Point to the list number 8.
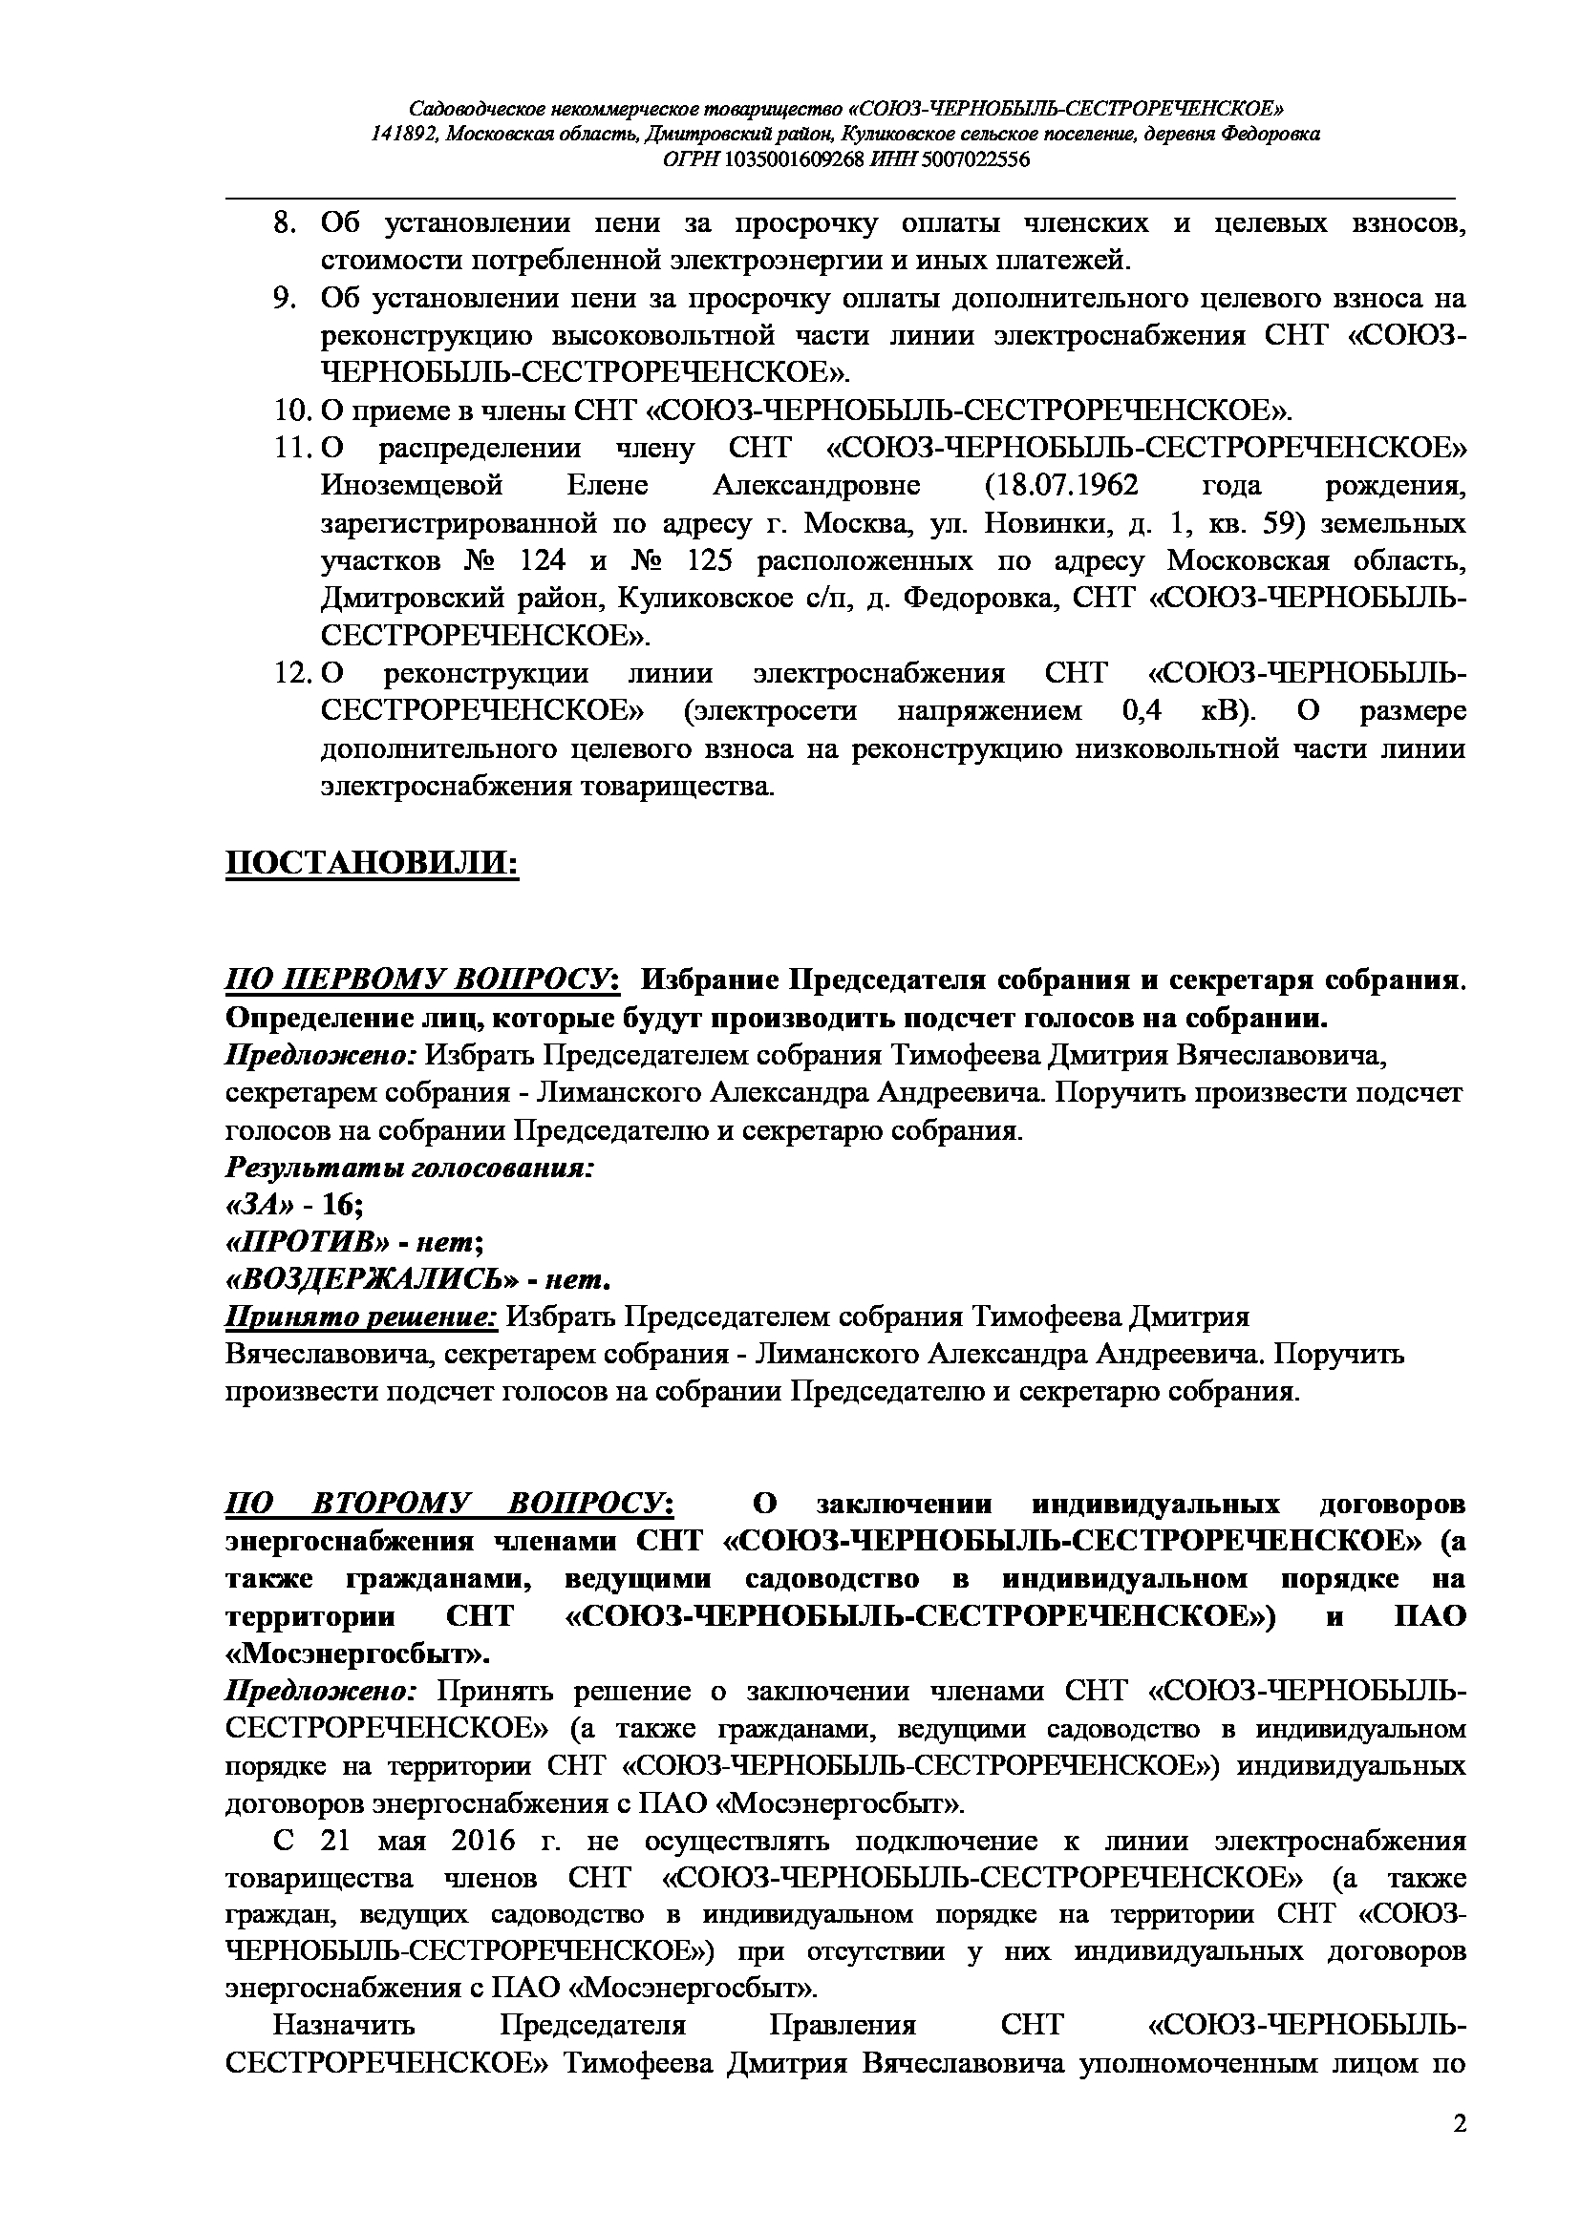(284, 223)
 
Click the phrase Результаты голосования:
(410, 1167)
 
